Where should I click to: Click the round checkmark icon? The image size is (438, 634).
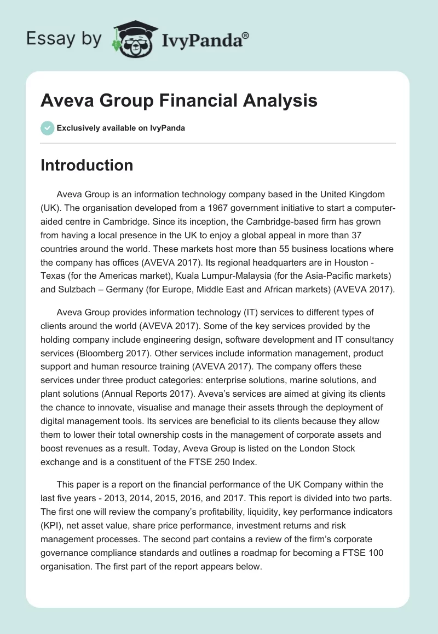pos(47,128)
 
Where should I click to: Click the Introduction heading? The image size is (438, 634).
pos(87,165)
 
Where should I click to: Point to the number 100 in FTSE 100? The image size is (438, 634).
pos(375,551)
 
